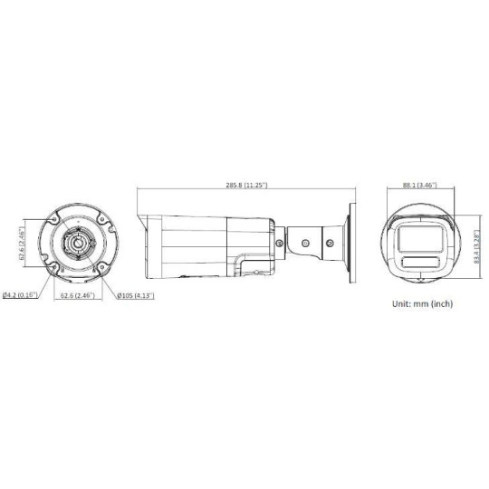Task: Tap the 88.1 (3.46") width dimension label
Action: click(417, 185)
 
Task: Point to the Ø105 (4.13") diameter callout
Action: click(137, 295)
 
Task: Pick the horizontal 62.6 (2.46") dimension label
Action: click(76, 295)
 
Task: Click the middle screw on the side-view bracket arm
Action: click(307, 242)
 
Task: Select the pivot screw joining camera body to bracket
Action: click(284, 242)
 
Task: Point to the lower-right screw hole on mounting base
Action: click(99, 266)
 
